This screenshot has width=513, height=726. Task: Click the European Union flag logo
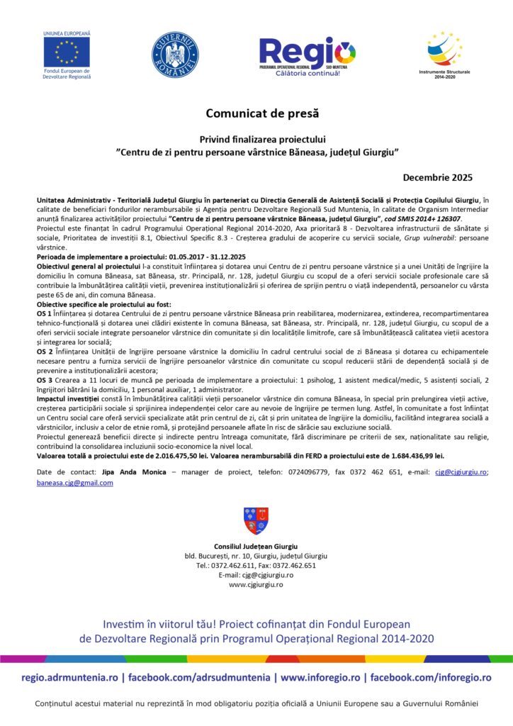tap(67, 51)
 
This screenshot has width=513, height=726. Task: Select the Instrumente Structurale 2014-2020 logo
tap(444, 50)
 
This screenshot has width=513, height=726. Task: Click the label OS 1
tap(43, 313)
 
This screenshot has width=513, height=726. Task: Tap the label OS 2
tap(43, 351)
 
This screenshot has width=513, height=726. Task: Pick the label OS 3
tap(43, 380)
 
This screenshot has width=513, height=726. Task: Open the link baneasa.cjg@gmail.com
tap(74, 482)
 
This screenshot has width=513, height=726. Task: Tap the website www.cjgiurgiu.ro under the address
tap(256, 585)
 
